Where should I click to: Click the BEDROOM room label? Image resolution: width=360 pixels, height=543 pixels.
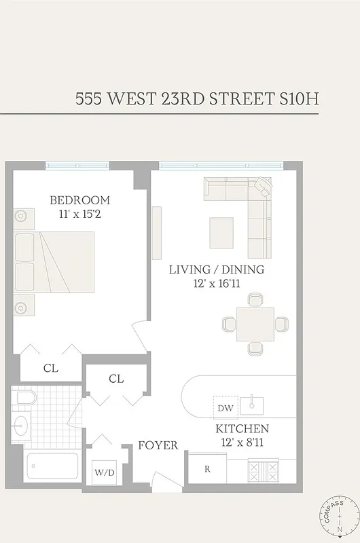pyautogui.click(x=79, y=200)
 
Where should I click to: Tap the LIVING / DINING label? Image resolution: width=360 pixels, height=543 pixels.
pyautogui.click(x=216, y=269)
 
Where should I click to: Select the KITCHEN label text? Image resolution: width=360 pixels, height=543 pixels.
pyautogui.click(x=242, y=429)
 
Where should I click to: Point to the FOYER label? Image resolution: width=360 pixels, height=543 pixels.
pyautogui.click(x=158, y=446)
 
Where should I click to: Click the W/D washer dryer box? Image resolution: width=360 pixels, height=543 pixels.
pyautogui.click(x=105, y=471)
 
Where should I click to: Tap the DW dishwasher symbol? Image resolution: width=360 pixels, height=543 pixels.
pyautogui.click(x=225, y=407)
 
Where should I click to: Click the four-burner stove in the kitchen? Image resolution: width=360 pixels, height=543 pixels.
pyautogui.click(x=262, y=470)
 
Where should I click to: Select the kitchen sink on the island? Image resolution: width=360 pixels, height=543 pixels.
pyautogui.click(x=256, y=405)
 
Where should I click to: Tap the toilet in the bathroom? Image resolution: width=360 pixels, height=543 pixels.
pyautogui.click(x=24, y=398)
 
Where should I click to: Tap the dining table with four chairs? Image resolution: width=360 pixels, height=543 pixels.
pyautogui.click(x=255, y=324)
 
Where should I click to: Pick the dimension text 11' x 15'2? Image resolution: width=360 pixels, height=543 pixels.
pyautogui.click(x=79, y=214)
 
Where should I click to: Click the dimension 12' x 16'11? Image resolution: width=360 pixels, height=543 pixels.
pyautogui.click(x=216, y=284)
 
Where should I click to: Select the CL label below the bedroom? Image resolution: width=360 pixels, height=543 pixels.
pyautogui.click(x=51, y=369)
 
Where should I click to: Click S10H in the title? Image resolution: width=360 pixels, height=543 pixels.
pyautogui.click(x=299, y=99)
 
